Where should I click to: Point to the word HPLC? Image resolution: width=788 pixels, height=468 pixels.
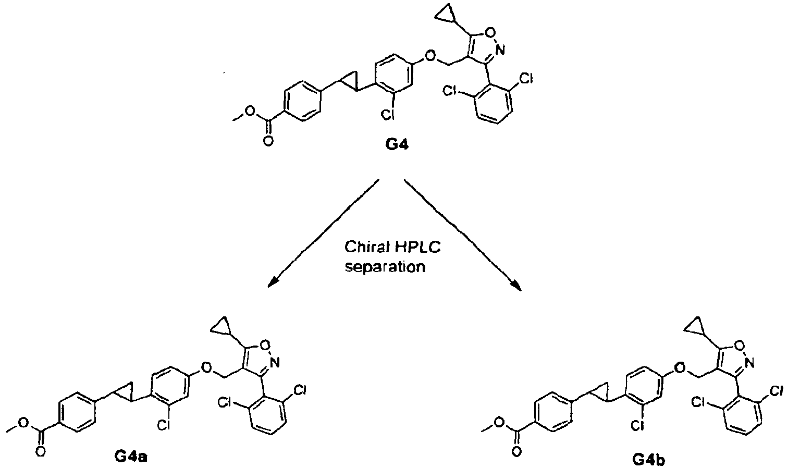[417, 248]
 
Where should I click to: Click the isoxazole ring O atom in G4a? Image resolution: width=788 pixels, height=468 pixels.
[265, 344]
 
